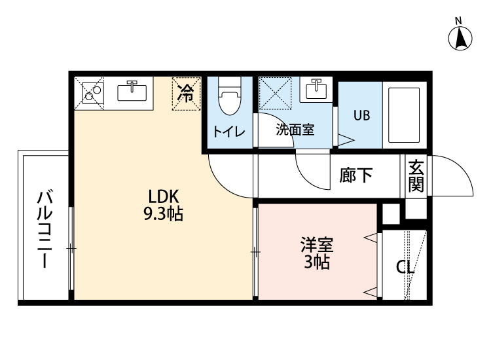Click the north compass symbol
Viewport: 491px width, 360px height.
461,38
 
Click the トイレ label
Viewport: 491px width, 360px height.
228,131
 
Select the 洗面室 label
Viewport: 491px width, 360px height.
295,130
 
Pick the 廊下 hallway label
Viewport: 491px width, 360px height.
356,175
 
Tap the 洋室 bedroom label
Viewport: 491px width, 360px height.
318,247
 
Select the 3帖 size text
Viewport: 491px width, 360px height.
318,263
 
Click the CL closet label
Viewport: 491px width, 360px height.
405,267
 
